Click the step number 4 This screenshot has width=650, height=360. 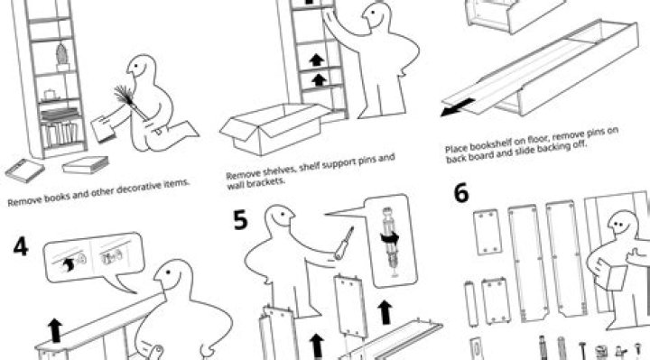(x=21, y=247)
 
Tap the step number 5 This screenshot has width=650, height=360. (x=240, y=219)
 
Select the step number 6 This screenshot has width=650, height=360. (x=461, y=193)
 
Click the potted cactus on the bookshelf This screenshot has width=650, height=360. (x=62, y=57)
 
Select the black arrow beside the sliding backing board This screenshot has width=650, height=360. (x=457, y=106)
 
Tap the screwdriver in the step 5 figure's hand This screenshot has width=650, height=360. (x=345, y=243)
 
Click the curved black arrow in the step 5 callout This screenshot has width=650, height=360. (x=390, y=239)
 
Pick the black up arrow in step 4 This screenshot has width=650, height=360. (x=54, y=330)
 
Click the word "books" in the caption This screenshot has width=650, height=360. (x=55, y=197)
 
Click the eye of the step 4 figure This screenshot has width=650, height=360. (x=168, y=272)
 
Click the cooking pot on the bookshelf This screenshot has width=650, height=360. (x=51, y=94)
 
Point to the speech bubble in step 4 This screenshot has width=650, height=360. (x=94, y=258)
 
